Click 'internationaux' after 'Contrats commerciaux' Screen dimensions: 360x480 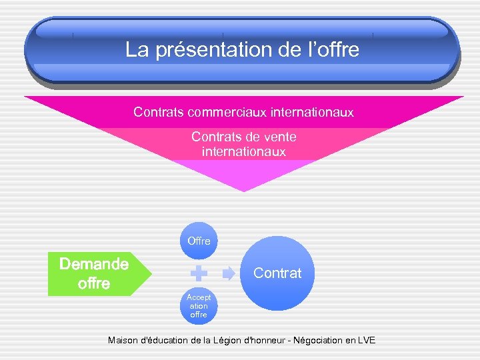coord(312,112)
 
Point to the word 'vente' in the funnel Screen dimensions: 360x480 coord(279,137)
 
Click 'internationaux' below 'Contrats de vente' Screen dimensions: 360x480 coord(243,152)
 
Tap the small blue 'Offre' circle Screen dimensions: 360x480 coord(199,240)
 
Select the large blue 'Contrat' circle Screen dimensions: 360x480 coord(278,273)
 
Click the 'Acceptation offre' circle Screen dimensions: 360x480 coord(199,305)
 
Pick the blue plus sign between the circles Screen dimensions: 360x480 coord(199,273)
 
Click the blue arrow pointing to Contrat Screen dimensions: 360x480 coord(229,273)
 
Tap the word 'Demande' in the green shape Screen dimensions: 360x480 coord(94,264)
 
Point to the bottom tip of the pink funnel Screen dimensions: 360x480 coord(244,190)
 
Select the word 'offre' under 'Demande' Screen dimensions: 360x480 coord(94,283)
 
